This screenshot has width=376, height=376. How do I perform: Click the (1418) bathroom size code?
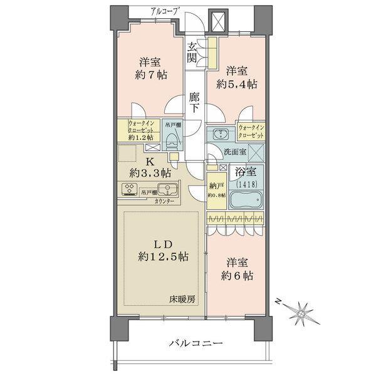pyautogui.click(x=246, y=182)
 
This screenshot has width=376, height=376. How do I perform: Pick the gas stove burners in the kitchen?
pyautogui.click(x=131, y=191)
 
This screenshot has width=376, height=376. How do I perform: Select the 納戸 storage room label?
pyautogui.click(x=216, y=185)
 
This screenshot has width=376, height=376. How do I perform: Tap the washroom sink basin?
pyautogui.click(x=221, y=133)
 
